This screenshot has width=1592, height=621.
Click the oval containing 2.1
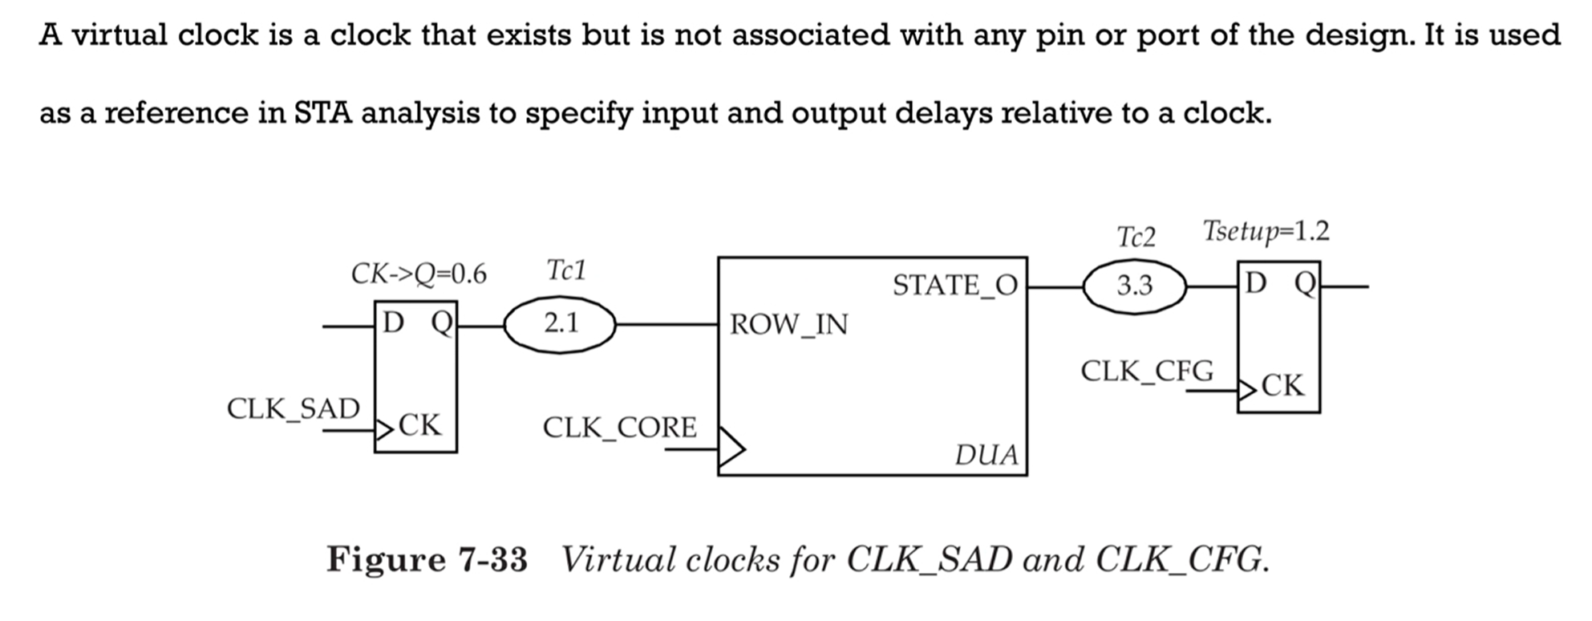(560, 324)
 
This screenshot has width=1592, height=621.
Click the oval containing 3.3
(1134, 286)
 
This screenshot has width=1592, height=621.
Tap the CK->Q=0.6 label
(418, 274)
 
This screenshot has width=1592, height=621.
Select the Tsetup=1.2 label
(1266, 232)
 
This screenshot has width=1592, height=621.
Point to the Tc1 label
(566, 271)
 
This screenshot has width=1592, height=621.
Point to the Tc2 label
(1136, 237)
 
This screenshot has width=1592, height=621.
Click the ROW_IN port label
(788, 325)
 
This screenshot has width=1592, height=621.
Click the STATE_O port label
(954, 286)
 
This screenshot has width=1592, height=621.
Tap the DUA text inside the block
(986, 455)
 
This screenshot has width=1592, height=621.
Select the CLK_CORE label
(619, 428)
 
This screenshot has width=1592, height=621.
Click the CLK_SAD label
(293, 409)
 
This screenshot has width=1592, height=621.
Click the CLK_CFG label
(1146, 371)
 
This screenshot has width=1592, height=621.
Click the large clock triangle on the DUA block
(731, 448)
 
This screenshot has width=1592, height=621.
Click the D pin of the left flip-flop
(393, 323)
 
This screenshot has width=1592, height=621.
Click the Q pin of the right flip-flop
(1304, 283)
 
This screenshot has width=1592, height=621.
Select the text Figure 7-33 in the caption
(427, 559)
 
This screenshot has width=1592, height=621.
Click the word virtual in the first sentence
(119, 35)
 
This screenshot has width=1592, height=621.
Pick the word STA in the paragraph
(322, 113)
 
